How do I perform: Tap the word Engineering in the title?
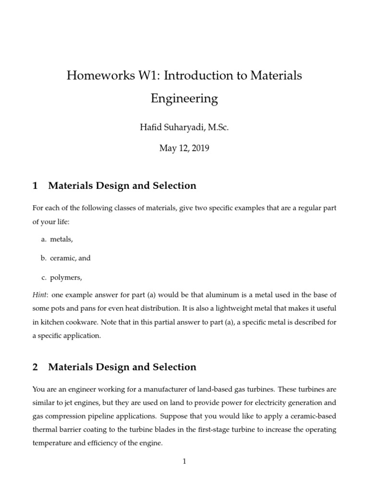click(184, 99)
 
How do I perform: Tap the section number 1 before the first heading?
click(35, 186)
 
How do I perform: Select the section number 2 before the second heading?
click(35, 367)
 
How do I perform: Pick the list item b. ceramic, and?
click(65, 258)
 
